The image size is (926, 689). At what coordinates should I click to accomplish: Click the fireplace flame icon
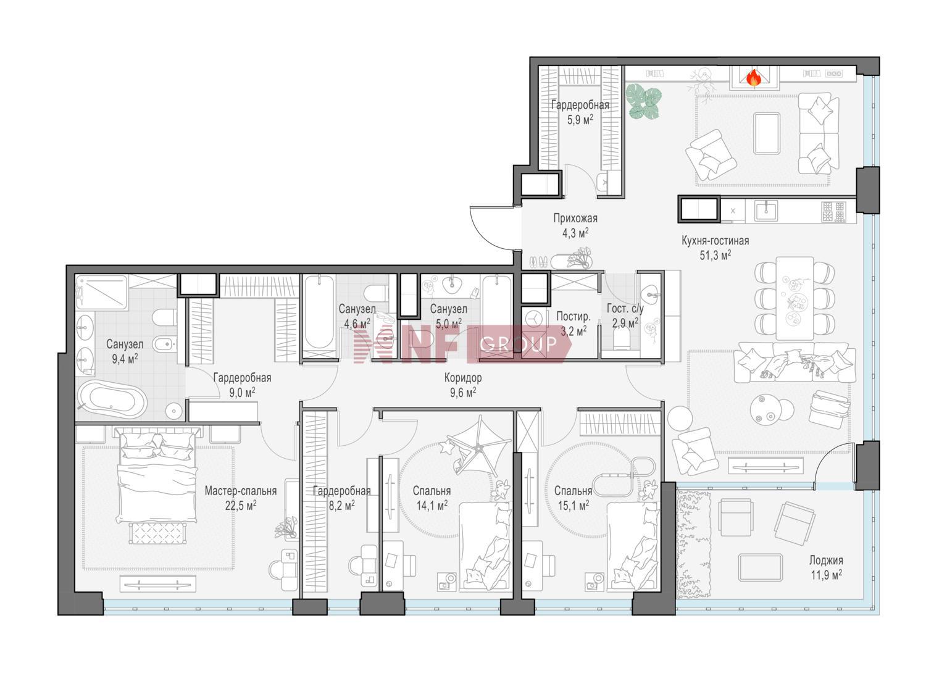coord(753,78)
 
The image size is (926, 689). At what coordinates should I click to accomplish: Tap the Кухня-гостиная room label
coord(715,241)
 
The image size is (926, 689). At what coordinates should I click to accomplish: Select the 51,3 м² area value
coord(715,255)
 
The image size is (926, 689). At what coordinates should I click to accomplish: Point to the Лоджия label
coord(826,560)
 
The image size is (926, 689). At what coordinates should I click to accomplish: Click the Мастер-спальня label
coord(241,491)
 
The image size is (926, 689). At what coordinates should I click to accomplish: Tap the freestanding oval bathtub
coord(113,399)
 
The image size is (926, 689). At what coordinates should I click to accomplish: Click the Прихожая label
coord(575,218)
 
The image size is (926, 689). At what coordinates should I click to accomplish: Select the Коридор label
coord(462,378)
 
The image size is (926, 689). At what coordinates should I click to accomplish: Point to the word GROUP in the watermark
coord(518,343)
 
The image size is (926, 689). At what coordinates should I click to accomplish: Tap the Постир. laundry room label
coord(574,316)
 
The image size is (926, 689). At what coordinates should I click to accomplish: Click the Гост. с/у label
coord(625,309)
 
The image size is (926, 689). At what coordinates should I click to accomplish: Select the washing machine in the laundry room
coord(533,319)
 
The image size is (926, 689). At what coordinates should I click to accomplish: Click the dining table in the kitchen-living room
coord(795,298)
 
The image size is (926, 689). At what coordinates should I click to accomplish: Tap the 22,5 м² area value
coord(241,506)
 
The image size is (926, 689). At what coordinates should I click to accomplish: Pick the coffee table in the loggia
coord(761,567)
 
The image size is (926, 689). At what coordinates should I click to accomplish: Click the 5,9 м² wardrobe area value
coord(580,120)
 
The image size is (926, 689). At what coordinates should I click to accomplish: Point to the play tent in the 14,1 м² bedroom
coord(478,446)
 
